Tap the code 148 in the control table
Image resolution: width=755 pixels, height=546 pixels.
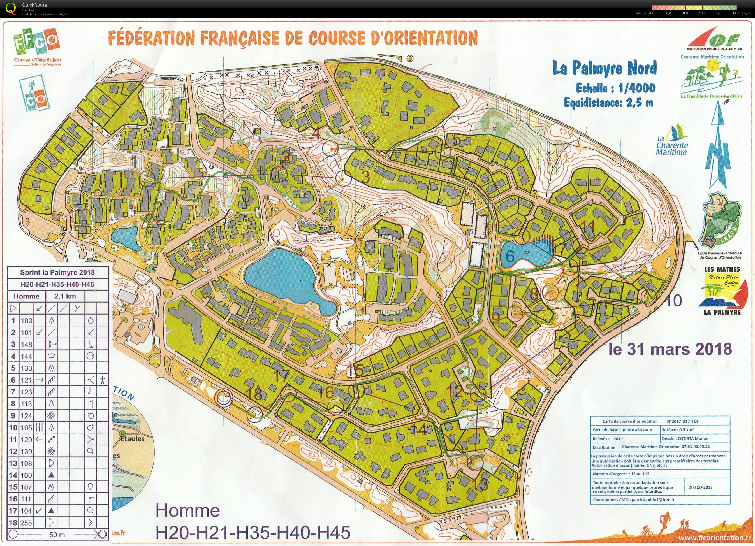click(26, 344)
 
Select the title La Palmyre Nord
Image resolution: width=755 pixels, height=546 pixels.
click(604, 68)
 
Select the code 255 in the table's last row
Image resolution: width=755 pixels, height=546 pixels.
click(26, 523)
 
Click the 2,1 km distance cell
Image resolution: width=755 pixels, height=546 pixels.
click(67, 296)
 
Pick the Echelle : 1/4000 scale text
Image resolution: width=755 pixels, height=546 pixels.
click(615, 88)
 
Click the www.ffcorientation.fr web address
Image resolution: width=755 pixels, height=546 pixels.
click(713, 537)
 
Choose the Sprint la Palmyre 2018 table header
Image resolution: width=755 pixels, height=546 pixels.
click(57, 273)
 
